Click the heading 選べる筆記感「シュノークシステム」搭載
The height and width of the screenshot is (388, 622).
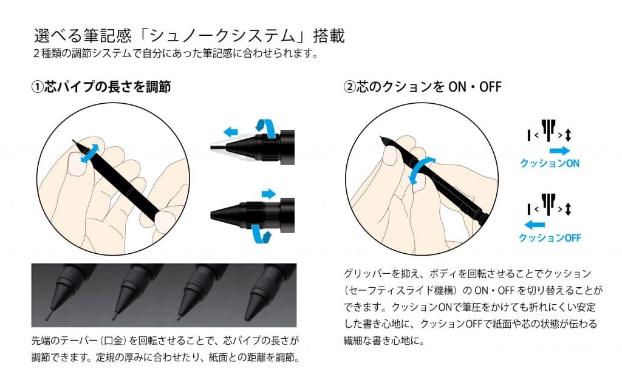(190, 36)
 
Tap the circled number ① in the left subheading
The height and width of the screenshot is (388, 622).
(37, 86)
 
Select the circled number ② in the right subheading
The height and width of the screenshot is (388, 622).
(349, 86)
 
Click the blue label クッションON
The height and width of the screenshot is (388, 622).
(550, 163)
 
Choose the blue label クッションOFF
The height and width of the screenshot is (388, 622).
(550, 237)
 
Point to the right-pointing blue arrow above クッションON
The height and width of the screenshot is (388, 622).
(559, 151)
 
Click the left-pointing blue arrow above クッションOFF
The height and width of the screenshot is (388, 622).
(535, 225)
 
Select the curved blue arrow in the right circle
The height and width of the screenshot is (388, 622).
(420, 170)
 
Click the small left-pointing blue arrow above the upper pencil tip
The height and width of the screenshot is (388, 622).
(230, 132)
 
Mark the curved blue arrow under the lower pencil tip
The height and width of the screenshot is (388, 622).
(261, 234)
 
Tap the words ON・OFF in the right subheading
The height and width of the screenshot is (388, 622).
(475, 86)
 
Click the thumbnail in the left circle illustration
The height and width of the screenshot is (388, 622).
(77, 164)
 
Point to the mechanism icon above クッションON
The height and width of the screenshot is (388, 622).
(549, 132)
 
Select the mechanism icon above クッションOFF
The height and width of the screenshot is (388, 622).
(549, 206)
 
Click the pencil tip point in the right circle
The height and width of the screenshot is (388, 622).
(381, 137)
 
